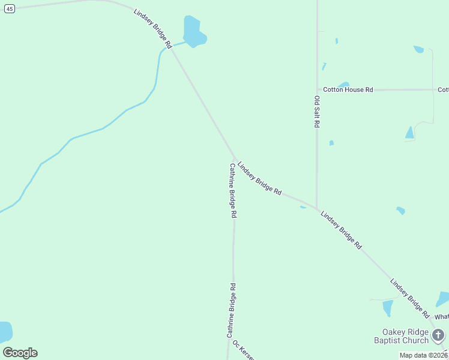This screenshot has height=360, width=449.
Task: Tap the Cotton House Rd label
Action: tap(348, 89)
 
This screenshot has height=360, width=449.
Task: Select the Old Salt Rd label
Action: tap(316, 111)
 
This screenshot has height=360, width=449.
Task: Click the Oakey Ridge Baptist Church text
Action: tap(406, 337)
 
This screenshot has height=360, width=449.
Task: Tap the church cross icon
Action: tap(438, 335)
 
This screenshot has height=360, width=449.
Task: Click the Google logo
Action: tap(20, 352)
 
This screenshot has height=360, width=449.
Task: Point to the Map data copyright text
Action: tap(424, 355)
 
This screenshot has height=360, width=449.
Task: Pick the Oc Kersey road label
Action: tap(244, 351)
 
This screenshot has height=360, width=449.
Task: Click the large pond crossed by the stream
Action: tap(194, 32)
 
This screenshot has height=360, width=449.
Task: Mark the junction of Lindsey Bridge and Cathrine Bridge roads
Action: tap(234, 159)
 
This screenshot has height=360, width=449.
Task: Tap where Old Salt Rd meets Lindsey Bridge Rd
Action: tap(316, 208)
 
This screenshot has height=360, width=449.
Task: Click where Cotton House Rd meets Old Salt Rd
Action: tap(317, 89)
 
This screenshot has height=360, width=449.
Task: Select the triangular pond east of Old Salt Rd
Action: tap(409, 133)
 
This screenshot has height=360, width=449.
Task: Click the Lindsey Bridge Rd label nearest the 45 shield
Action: tap(152, 28)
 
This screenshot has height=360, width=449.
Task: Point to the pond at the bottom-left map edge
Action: tap(5, 332)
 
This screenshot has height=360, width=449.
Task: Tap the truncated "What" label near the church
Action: tap(441, 317)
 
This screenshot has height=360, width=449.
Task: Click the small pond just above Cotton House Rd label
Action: tap(343, 85)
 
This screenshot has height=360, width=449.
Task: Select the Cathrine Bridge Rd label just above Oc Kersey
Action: tap(231, 310)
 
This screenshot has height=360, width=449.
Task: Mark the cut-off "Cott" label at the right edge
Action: tap(443, 89)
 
